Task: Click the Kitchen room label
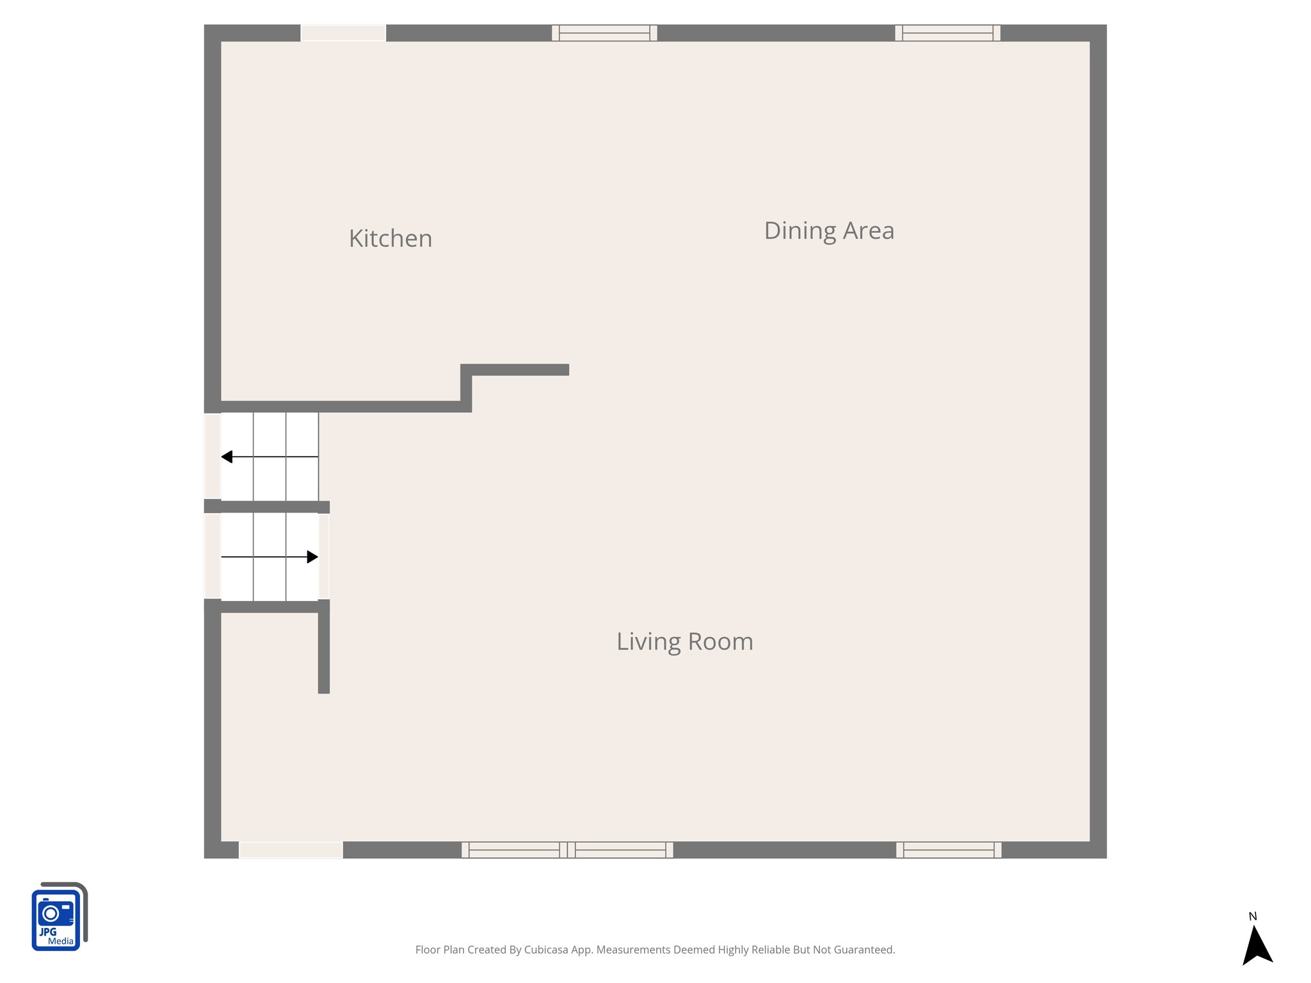pos(390,239)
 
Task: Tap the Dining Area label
pos(829,230)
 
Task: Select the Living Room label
pos(684,641)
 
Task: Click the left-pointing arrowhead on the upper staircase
pos(227,456)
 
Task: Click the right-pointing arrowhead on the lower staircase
pos(312,557)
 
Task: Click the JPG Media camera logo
pos(58,917)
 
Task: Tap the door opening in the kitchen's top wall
pos(343,33)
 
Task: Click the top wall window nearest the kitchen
pos(604,33)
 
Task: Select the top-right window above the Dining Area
pos(947,33)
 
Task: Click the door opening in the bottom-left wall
pos(291,850)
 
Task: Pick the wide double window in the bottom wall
pos(567,850)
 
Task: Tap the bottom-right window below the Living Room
pos(949,850)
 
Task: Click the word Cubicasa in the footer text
pos(546,950)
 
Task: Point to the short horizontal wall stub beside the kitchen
pos(519,369)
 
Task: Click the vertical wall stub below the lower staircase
pos(324,650)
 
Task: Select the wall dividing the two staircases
pos(267,507)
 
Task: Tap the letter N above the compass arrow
pos(1253,916)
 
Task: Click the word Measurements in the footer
pos(633,950)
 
